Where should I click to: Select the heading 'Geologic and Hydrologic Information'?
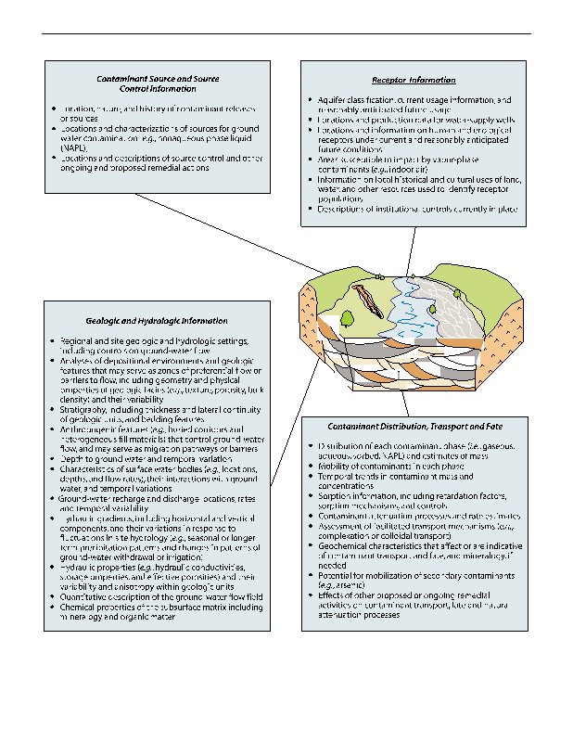tap(156, 320)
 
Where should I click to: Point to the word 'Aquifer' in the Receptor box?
tap(328, 99)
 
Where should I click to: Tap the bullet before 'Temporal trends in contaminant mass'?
tap(310, 477)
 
